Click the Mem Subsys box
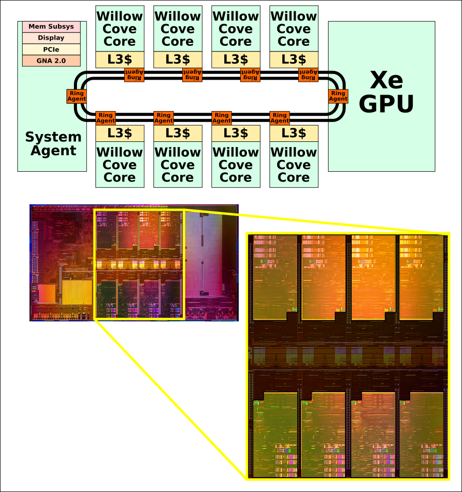51,27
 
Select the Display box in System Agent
51,38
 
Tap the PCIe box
51,49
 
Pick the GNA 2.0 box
51,61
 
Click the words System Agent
53,144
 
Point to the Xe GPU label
386,93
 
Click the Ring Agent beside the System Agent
76,96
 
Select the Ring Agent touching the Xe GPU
338,96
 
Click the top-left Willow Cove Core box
120,29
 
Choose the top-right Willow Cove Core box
294,29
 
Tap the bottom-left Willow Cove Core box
120,165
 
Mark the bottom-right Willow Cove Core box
294,165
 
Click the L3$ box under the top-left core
120,60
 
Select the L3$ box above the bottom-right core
294,133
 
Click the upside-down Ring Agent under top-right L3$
308,75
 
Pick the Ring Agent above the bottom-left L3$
106,118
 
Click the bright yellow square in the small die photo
77,291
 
